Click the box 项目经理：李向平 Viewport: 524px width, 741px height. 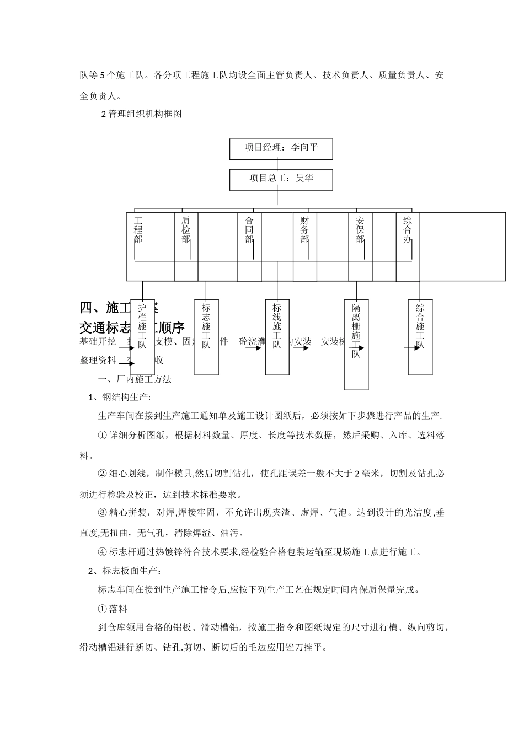pos(281,148)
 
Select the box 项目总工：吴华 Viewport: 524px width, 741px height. pos(281,179)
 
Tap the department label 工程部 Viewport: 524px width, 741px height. pos(138,230)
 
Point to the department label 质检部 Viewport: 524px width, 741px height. pos(186,230)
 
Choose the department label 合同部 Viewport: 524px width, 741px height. pos(249,230)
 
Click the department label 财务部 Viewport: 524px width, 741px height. pos(304,230)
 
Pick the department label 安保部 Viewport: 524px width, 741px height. pos(360,230)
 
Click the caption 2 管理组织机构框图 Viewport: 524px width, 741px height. pos(141,115)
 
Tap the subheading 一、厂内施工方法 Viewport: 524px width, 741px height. pos(135,379)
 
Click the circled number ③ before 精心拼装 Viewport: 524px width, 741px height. pos(102,513)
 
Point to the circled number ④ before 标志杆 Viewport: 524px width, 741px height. pos(102,552)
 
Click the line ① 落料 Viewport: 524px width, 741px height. pos(113,609)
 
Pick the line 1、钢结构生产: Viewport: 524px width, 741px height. pos(120,397)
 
